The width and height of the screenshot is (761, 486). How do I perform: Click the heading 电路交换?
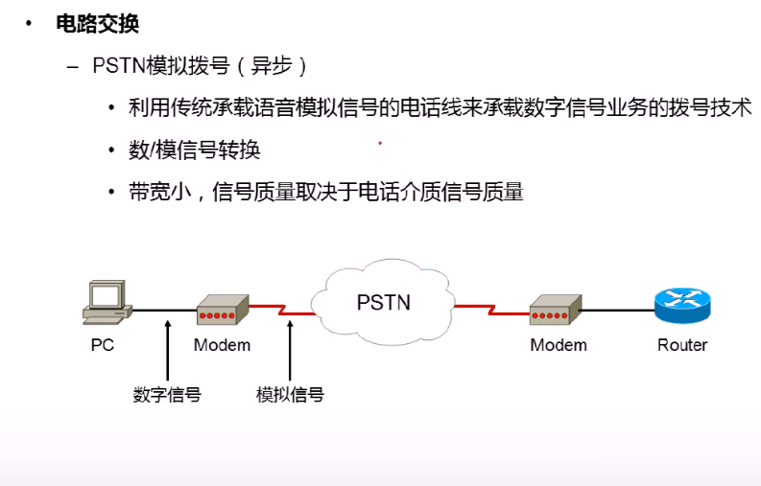[x=98, y=24]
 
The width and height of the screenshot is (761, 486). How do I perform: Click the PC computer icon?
[x=107, y=302]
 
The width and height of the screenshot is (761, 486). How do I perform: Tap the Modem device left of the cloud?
[x=223, y=310]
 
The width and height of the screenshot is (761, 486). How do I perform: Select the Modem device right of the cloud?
[x=556, y=310]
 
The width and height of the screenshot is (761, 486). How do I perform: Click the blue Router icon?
[x=682, y=306]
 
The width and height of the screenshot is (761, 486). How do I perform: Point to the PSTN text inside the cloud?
[x=384, y=303]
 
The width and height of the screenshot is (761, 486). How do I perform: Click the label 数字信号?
[x=167, y=394]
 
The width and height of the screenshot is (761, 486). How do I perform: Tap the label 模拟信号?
[x=290, y=394]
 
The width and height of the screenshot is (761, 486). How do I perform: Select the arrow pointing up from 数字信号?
[x=168, y=350]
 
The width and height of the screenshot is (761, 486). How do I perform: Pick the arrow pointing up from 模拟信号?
[x=290, y=350]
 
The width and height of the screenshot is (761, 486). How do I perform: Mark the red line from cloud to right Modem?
[x=491, y=310]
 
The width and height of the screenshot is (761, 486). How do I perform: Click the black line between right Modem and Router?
[x=618, y=311]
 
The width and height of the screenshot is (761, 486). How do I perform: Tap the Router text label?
[x=682, y=345]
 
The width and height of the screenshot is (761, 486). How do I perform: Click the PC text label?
[x=103, y=345]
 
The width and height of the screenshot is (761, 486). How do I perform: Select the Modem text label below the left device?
[x=223, y=345]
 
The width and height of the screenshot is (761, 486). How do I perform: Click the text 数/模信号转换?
[x=194, y=150]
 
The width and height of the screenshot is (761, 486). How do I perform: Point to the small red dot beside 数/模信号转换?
[x=380, y=143]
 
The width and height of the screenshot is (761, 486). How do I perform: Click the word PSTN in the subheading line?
[x=119, y=66]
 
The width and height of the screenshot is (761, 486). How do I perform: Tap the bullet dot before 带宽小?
[x=111, y=192]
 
